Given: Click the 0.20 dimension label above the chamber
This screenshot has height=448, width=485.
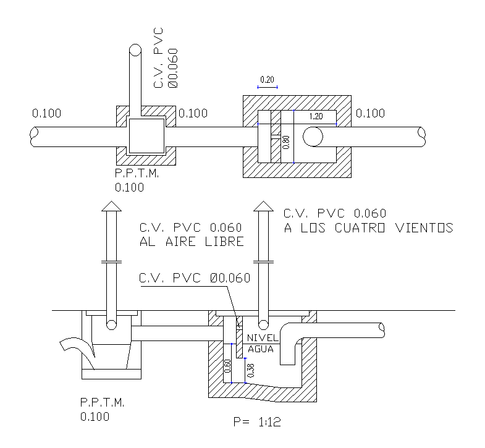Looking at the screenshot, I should pos(267,80).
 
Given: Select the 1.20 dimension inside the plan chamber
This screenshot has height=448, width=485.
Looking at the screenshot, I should pos(316,116).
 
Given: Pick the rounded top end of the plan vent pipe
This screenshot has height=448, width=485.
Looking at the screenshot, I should pos(135,50).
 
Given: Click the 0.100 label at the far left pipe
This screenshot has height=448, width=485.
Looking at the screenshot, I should pos(47,114).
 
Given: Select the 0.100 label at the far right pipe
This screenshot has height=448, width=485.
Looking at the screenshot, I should pos(370,114).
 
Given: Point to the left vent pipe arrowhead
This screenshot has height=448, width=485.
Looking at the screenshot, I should pos(111,206).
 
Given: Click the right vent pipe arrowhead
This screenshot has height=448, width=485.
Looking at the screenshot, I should pos(264,206).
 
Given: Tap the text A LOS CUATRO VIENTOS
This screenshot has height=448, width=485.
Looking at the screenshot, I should pos(368,228).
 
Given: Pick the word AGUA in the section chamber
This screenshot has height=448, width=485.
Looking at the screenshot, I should pos(260,349).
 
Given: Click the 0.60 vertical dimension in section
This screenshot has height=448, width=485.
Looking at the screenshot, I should pos(227,368).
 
